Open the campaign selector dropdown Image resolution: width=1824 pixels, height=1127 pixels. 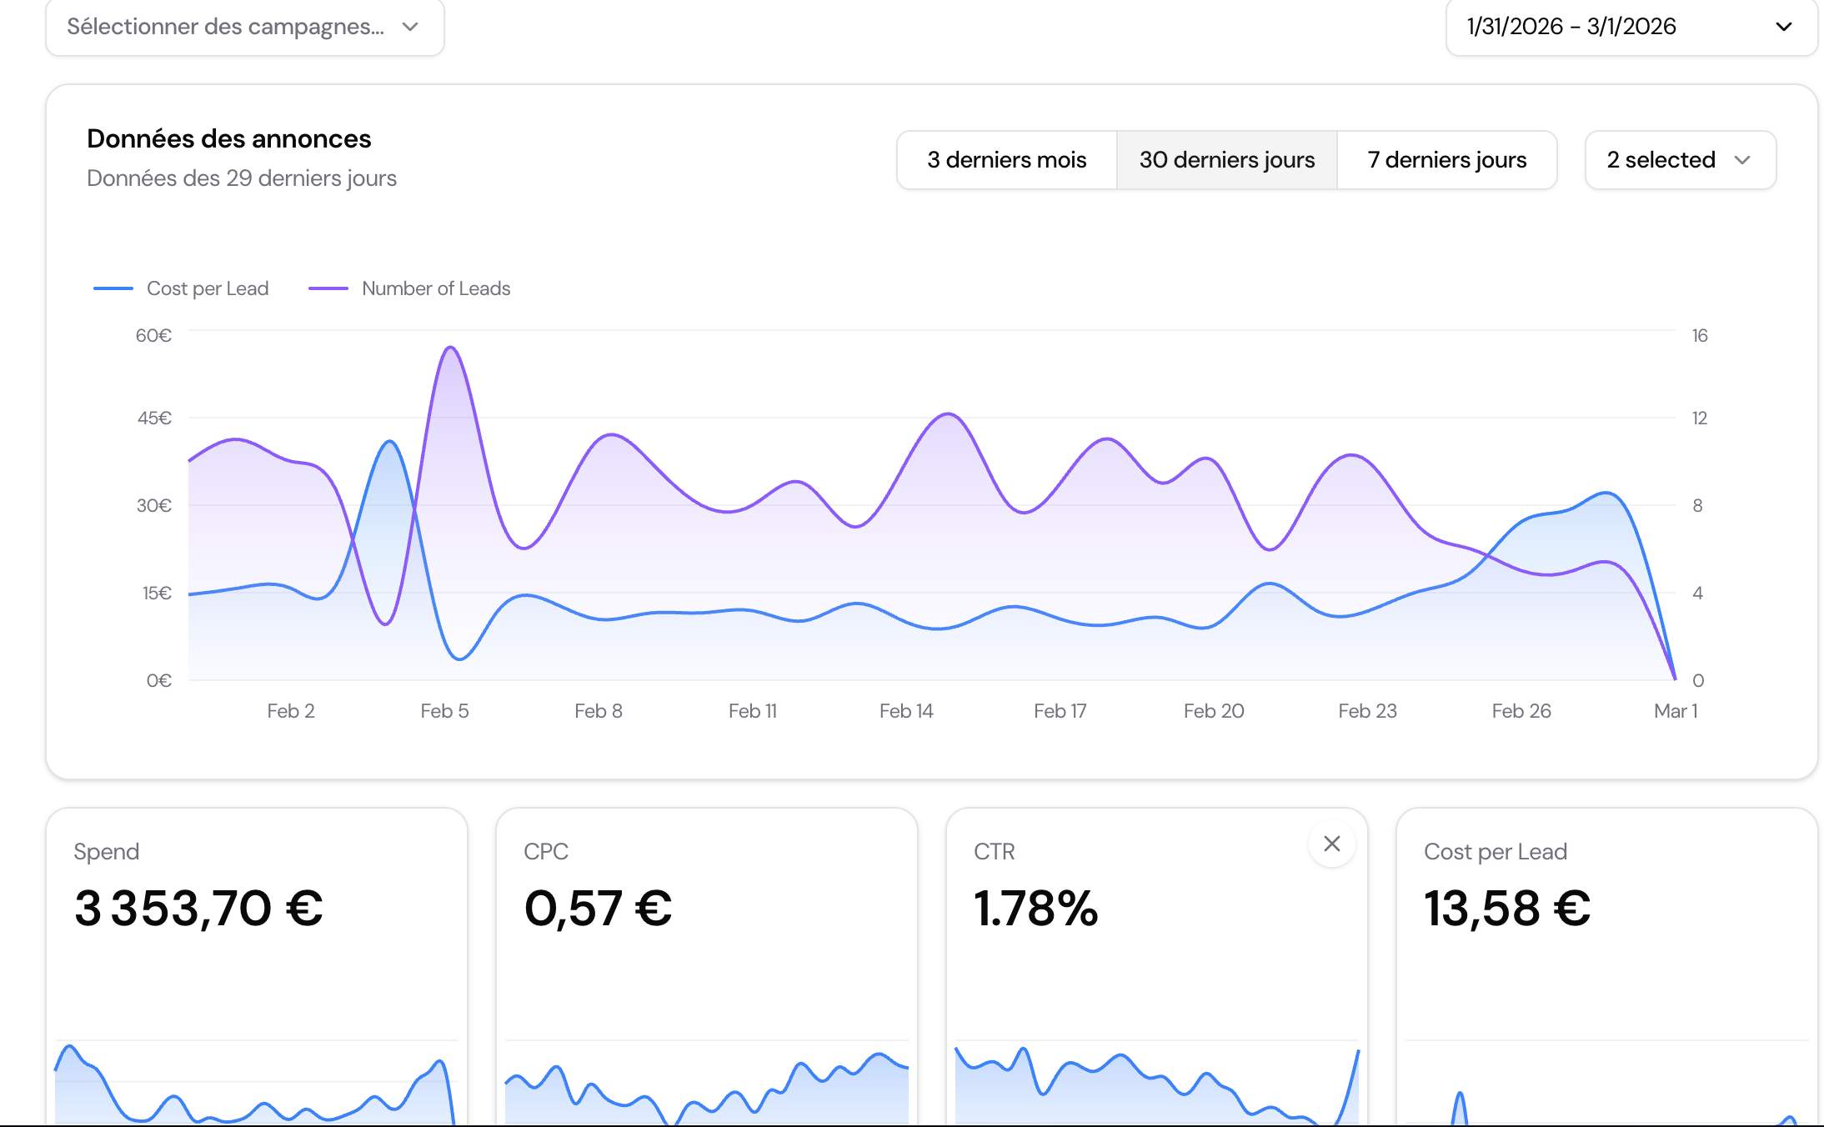pyautogui.click(x=244, y=27)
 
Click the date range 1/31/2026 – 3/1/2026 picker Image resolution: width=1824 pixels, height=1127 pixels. pyautogui.click(x=1631, y=27)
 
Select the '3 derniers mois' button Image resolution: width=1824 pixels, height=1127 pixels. pyautogui.click(x=1006, y=160)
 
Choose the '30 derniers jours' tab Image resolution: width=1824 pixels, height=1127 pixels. pyautogui.click(x=1226, y=160)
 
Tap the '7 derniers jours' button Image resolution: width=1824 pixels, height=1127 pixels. pyautogui.click(x=1446, y=160)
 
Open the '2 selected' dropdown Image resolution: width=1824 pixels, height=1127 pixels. pyautogui.click(x=1680, y=160)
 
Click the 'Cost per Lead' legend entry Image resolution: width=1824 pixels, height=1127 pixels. pyautogui.click(x=182, y=288)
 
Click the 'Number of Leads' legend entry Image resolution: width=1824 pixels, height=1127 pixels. pyautogui.click(x=410, y=288)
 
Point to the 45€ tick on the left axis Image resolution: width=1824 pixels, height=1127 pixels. pyautogui.click(x=154, y=418)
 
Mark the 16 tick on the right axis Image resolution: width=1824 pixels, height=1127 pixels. pyautogui.click(x=1700, y=335)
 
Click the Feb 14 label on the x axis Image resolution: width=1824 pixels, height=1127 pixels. pyautogui.click(x=906, y=711)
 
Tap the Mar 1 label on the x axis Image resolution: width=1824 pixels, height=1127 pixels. pyautogui.click(x=1676, y=711)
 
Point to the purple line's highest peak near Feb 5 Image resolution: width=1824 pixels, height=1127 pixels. pyautogui.click(x=450, y=347)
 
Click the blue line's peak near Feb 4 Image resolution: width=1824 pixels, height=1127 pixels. pyautogui.click(x=389, y=441)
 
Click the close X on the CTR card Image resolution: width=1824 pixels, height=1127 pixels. pyautogui.click(x=1332, y=844)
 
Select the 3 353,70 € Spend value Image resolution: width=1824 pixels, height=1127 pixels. pyautogui.click(x=198, y=908)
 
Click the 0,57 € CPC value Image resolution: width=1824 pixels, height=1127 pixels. pyautogui.click(x=598, y=908)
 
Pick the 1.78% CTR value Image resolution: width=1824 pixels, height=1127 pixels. pyautogui.click(x=1035, y=908)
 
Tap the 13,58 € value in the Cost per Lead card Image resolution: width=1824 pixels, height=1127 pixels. pyautogui.click(x=1507, y=908)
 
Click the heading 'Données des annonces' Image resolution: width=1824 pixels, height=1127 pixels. pyautogui.click(x=228, y=138)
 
